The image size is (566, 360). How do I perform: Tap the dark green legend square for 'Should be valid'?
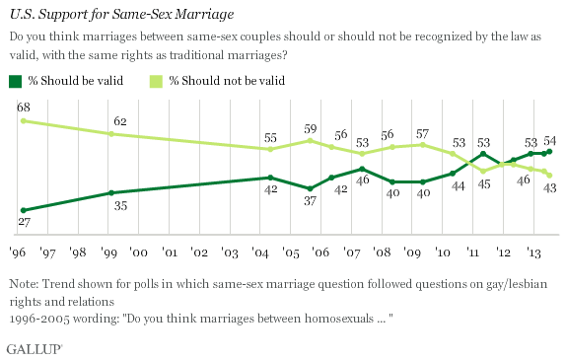pos(14,79)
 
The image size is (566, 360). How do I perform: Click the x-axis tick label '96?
pos(18,252)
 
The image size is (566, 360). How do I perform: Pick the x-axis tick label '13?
pos(534,252)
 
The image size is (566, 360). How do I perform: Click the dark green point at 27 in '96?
pos(21,210)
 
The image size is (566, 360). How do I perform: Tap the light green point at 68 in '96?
pos(21,120)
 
